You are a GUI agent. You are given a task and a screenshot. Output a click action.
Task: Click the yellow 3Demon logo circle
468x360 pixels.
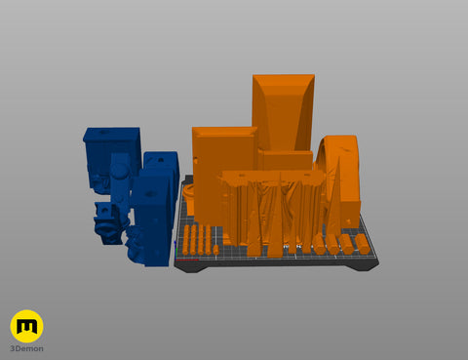click(x=26, y=326)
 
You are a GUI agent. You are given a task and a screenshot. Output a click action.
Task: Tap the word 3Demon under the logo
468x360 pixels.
click(x=26, y=348)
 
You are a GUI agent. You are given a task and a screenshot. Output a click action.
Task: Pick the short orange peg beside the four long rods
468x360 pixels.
click(x=215, y=250)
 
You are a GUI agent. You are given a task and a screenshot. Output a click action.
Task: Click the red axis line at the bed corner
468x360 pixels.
click(x=186, y=260)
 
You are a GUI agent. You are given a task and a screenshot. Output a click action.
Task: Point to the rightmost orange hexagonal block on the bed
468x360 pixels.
click(x=363, y=244)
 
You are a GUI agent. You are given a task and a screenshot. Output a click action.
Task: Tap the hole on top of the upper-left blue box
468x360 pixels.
click(x=103, y=132)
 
